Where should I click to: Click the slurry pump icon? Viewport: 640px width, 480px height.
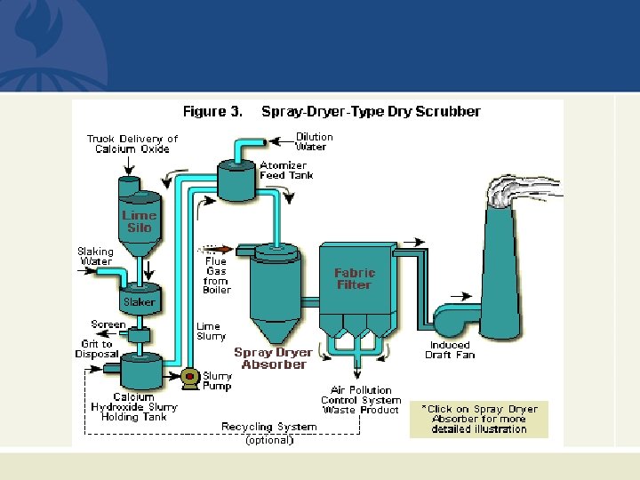tap(189, 378)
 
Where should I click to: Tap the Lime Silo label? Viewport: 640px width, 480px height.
tap(139, 221)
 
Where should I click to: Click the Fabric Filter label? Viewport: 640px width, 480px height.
tap(355, 279)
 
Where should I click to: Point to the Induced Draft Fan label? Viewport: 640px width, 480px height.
tap(451, 350)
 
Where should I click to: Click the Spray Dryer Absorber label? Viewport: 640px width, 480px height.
tap(273, 358)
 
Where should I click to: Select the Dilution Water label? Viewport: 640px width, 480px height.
tap(314, 142)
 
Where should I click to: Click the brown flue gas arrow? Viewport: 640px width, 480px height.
tap(220, 250)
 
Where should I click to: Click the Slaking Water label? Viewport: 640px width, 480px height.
tap(95, 257)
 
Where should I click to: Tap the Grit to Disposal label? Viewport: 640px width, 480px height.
tap(96, 349)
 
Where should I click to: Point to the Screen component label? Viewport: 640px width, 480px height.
tap(108, 325)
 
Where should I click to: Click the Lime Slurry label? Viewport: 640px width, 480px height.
tap(211, 332)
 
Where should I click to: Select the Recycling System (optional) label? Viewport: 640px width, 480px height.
tap(268, 433)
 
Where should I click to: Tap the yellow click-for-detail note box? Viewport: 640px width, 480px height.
tap(479, 419)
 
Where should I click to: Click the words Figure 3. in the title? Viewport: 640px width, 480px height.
tap(212, 112)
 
